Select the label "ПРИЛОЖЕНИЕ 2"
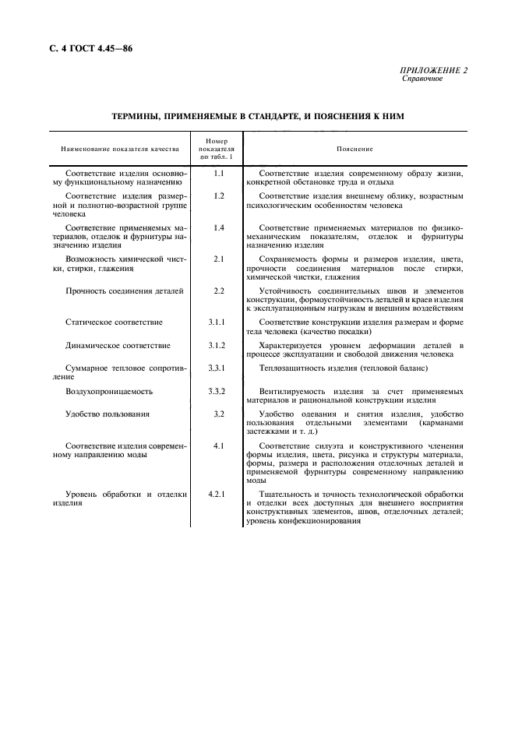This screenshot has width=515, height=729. [435, 71]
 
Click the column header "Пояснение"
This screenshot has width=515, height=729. [355, 149]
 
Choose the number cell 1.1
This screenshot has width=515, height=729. [219, 172]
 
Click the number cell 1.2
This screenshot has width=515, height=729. [219, 195]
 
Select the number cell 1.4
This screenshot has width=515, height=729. [219, 227]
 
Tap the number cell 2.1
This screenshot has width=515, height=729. [219, 259]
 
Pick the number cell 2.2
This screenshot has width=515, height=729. [219, 291]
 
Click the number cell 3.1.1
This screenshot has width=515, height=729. [219, 322]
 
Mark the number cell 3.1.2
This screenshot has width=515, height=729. [219, 345]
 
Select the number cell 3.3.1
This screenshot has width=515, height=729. [219, 367]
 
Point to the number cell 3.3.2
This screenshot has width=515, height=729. [219, 390]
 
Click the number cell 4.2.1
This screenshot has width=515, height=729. [219, 495]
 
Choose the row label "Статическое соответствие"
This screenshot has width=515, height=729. [114, 322]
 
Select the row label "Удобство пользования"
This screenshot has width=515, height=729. [108, 414]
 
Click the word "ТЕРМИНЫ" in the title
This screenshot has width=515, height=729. [138, 116]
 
